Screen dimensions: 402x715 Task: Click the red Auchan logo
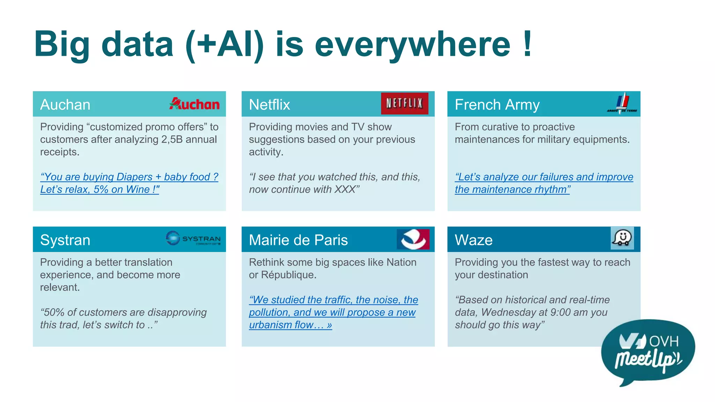coord(194,104)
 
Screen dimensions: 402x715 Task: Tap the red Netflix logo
coord(404,103)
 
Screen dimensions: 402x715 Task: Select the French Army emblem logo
coord(622,104)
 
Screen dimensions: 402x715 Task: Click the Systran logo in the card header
coord(193,238)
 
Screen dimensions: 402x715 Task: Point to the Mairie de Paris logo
coord(413,239)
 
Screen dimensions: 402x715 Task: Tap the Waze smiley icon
coord(622,238)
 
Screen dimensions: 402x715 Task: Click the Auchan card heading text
coord(65,105)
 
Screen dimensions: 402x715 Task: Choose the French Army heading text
coord(497,105)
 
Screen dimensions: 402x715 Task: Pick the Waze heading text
coord(473,240)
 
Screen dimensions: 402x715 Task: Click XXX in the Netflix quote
coord(345,189)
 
